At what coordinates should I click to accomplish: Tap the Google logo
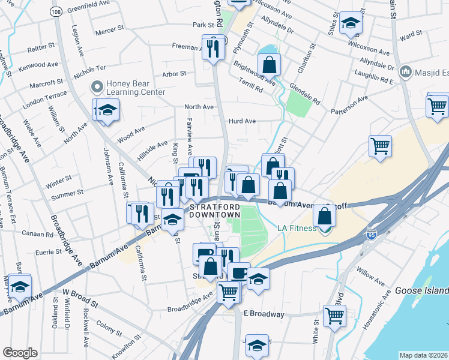[x=20, y=353]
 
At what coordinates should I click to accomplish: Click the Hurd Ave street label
[x=242, y=121]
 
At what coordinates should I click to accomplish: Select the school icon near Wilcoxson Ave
[x=350, y=23]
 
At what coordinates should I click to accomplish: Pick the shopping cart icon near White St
[x=334, y=315]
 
